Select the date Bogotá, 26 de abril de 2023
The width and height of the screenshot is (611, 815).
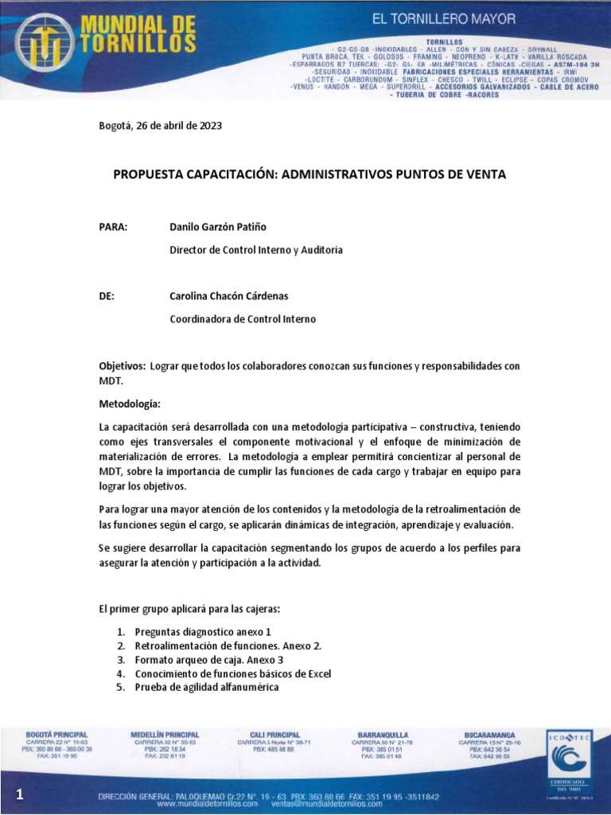tap(160, 126)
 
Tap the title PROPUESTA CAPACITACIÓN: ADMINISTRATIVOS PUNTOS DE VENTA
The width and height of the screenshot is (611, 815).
tap(309, 174)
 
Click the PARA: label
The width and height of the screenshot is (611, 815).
tap(113, 227)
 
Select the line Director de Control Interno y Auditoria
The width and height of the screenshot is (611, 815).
tap(256, 250)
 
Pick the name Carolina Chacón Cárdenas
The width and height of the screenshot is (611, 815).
tap(229, 296)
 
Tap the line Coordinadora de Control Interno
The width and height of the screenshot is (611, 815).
tap(243, 319)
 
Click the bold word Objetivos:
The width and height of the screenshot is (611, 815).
tap(122, 365)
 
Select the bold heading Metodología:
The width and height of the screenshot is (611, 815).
tap(129, 404)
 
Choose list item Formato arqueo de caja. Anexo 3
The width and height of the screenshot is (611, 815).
tap(209, 660)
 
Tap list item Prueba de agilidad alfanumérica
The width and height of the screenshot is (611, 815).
tap(207, 688)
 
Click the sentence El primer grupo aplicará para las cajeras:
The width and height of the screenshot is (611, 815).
tap(190, 609)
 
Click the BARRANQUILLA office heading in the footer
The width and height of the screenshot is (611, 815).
tap(381, 735)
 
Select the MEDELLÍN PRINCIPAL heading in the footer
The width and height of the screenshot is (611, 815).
tap(165, 735)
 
